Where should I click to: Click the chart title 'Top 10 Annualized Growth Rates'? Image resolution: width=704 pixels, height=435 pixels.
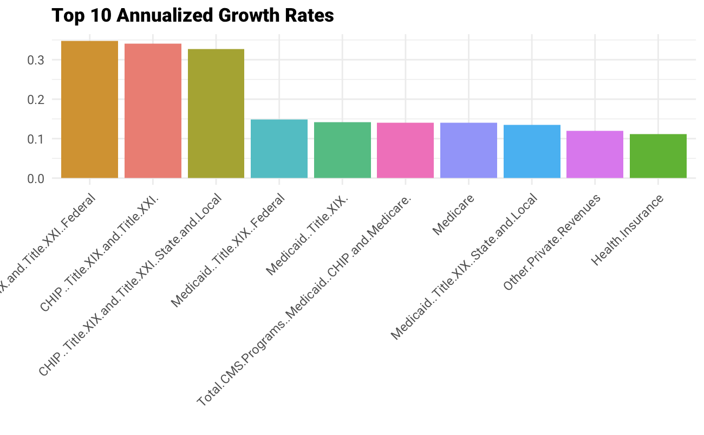point(192,16)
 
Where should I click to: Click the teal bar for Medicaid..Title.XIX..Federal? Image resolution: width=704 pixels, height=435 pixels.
point(279,149)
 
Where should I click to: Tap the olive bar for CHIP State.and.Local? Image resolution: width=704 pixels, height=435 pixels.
point(216,114)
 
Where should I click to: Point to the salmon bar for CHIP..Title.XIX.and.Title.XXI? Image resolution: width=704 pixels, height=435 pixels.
point(153,111)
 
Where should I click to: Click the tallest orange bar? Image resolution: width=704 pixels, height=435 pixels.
point(89,109)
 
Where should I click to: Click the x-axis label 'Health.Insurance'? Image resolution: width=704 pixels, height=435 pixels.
point(627,230)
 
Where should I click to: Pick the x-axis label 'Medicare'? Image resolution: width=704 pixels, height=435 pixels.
point(454,215)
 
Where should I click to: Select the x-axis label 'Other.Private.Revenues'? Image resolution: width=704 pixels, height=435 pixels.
point(552,242)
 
